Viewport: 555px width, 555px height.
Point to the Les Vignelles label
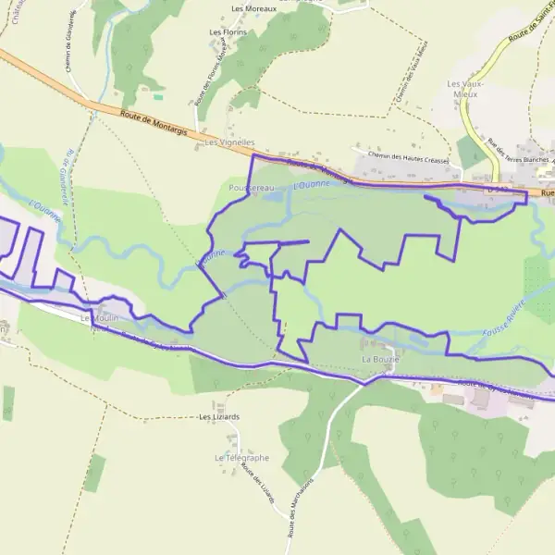[229, 143]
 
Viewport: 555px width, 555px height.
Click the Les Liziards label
[219, 417]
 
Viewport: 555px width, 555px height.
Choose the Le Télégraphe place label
[241, 458]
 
